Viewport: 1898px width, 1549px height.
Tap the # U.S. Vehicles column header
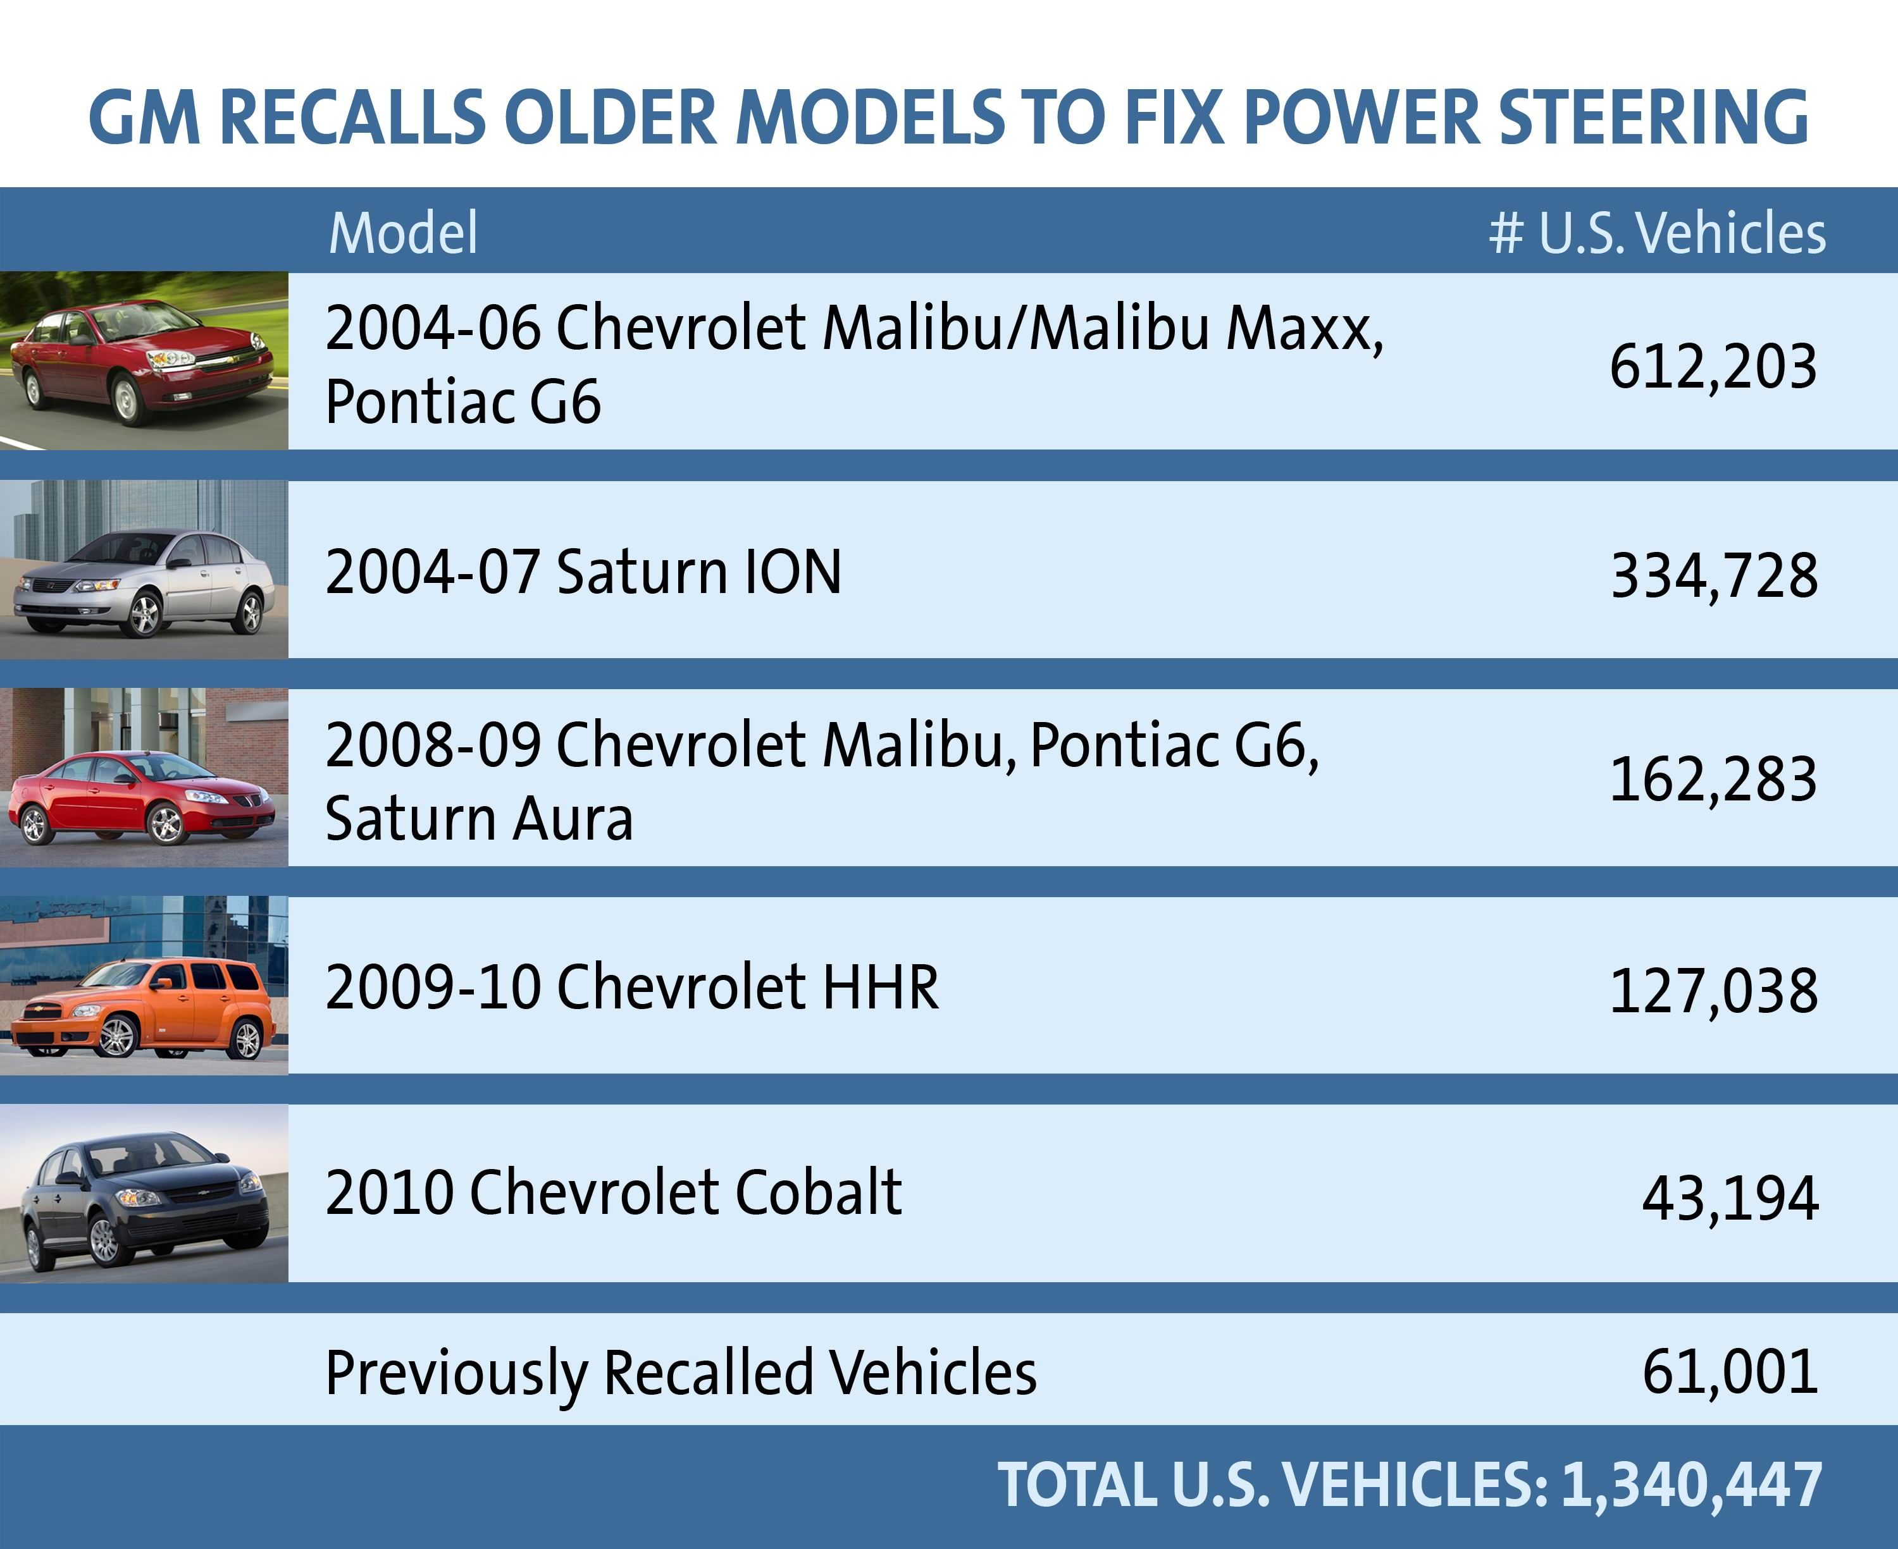tap(1657, 234)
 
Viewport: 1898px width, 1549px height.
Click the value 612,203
tap(1712, 367)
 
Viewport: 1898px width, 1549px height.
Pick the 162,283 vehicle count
tap(1712, 779)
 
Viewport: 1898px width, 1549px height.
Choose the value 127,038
tap(1712, 991)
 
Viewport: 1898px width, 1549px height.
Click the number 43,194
tap(1729, 1197)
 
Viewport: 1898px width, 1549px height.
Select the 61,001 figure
tap(1729, 1371)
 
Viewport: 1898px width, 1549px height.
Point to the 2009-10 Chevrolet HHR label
tap(631, 987)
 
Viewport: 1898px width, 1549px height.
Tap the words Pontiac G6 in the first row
tap(462, 401)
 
